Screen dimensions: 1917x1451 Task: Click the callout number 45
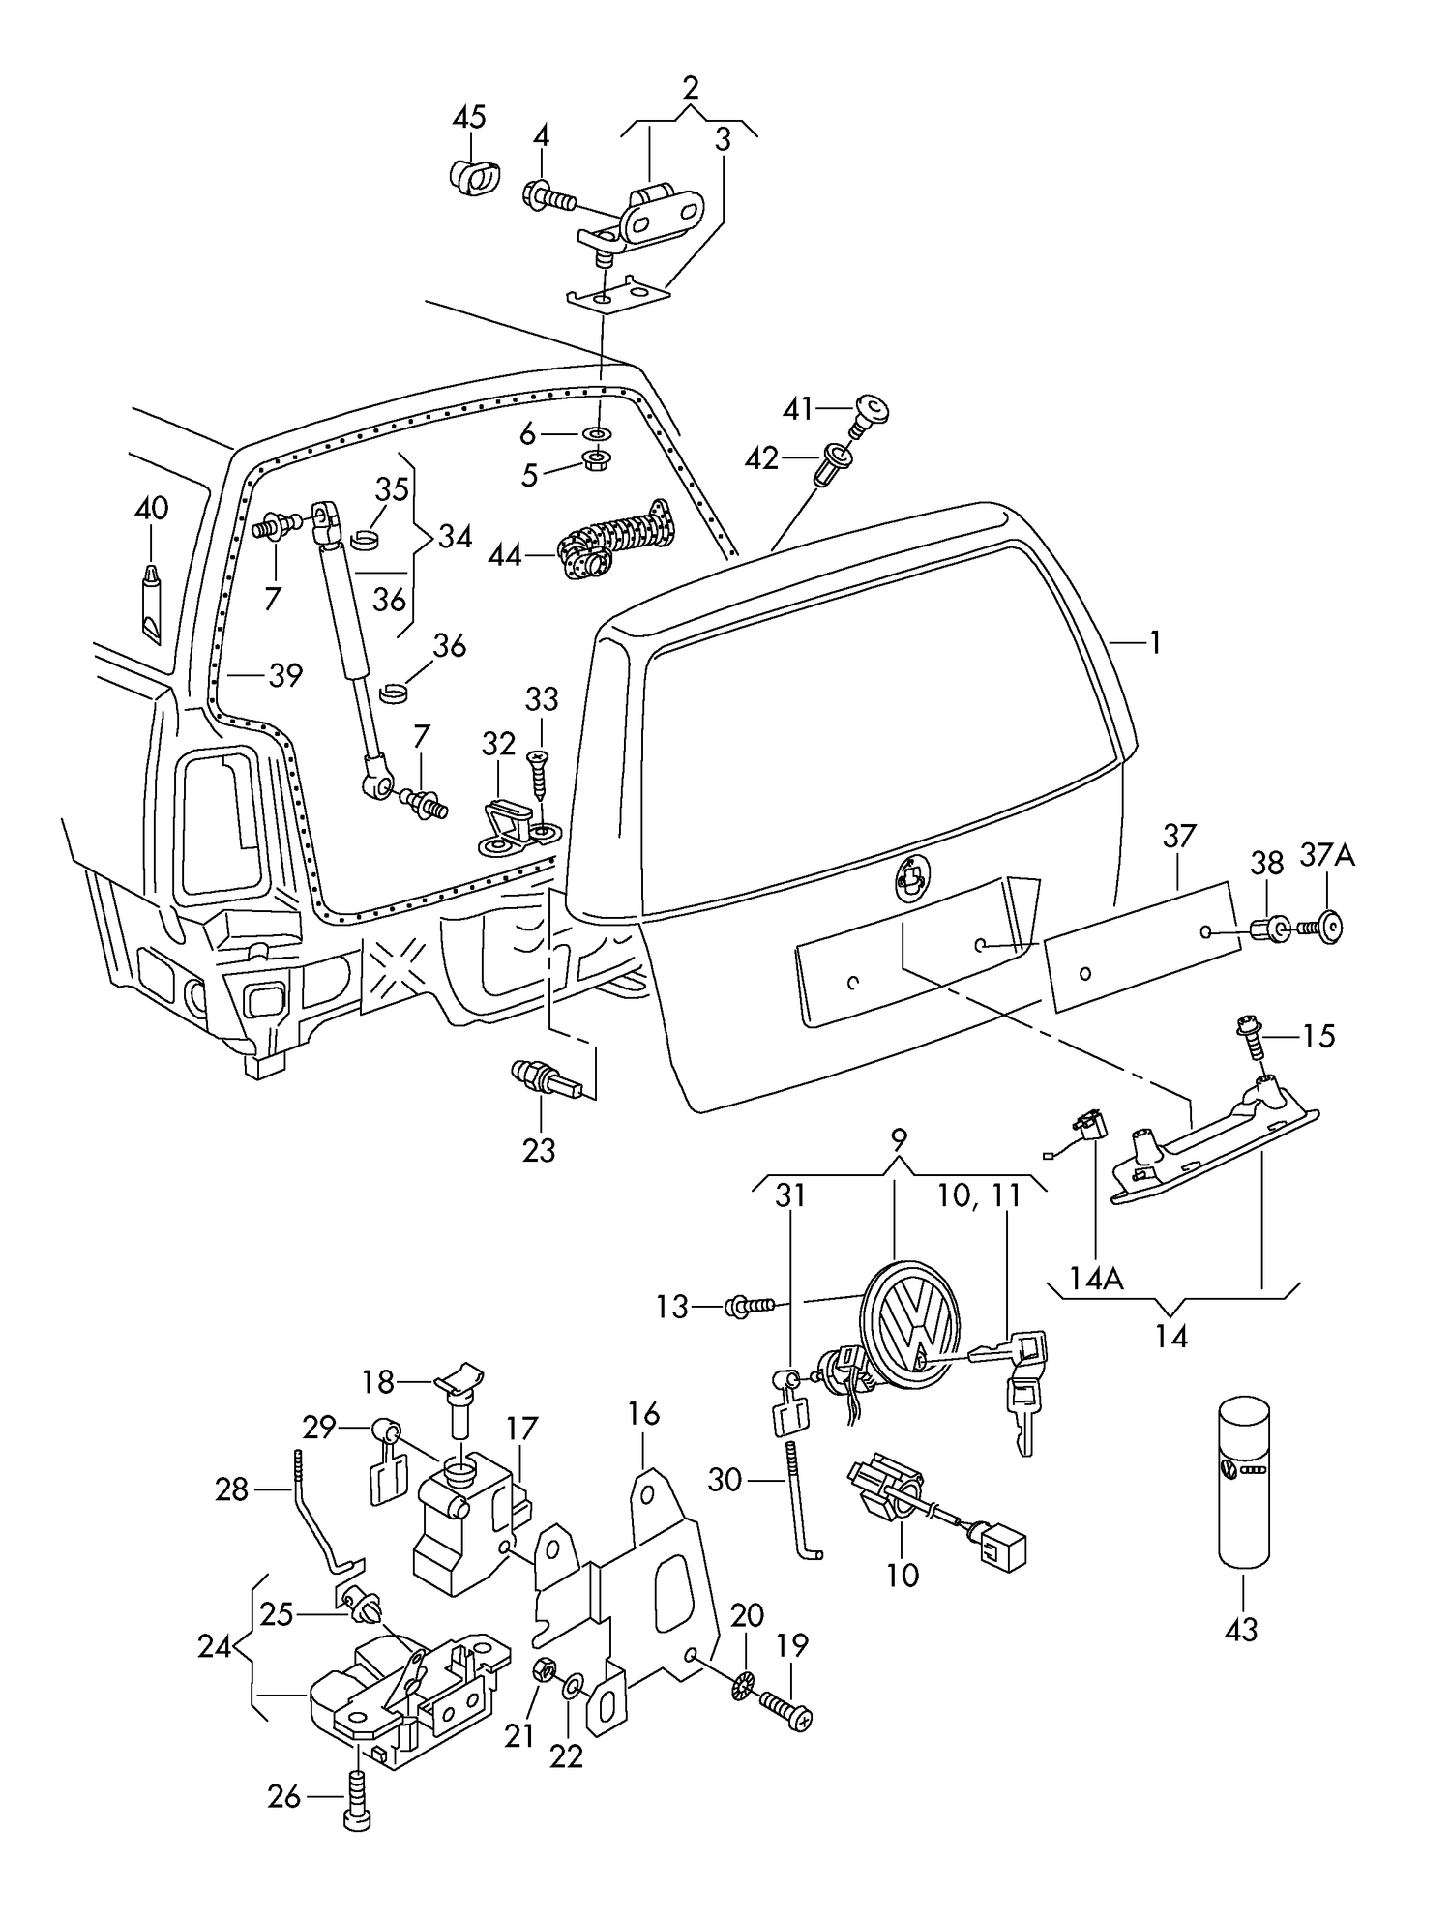469,118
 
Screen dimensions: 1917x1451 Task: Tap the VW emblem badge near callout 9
911,1324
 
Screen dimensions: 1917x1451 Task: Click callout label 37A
1326,855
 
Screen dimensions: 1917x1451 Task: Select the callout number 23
539,1150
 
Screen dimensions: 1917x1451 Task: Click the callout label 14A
1096,1280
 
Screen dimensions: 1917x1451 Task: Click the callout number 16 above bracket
643,1414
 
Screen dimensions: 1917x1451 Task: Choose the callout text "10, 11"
979,1195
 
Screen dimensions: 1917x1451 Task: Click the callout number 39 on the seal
285,675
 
